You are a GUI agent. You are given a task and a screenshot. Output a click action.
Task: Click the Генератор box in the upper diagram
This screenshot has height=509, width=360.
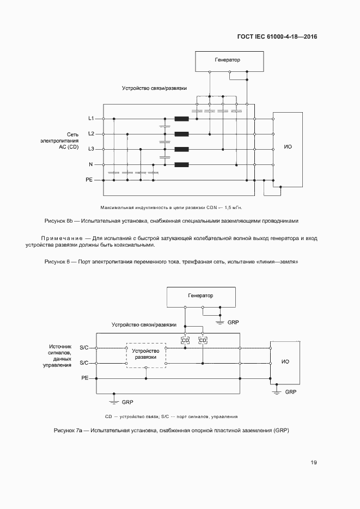click(227, 60)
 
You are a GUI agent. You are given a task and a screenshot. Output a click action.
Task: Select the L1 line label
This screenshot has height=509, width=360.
click(91, 118)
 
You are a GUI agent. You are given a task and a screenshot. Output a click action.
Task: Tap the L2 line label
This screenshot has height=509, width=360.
click(91, 133)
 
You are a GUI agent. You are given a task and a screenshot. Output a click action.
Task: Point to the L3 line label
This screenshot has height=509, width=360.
click(91, 149)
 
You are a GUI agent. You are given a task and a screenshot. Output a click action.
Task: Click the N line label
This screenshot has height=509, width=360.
click(91, 164)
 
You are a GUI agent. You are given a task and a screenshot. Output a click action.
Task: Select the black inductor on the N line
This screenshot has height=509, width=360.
click(181, 164)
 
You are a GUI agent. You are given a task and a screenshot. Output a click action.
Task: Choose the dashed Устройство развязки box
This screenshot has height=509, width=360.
click(146, 354)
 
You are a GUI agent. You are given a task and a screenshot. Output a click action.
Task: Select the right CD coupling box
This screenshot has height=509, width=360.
click(203, 340)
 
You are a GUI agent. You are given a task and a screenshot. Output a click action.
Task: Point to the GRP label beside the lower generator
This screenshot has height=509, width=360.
click(233, 322)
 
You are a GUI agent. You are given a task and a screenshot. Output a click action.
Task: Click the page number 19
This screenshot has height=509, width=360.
click(314, 463)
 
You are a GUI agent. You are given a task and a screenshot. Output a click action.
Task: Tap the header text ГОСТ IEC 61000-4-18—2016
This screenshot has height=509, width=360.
click(277, 37)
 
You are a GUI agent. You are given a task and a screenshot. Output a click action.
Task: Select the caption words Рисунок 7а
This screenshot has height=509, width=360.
click(68, 430)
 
